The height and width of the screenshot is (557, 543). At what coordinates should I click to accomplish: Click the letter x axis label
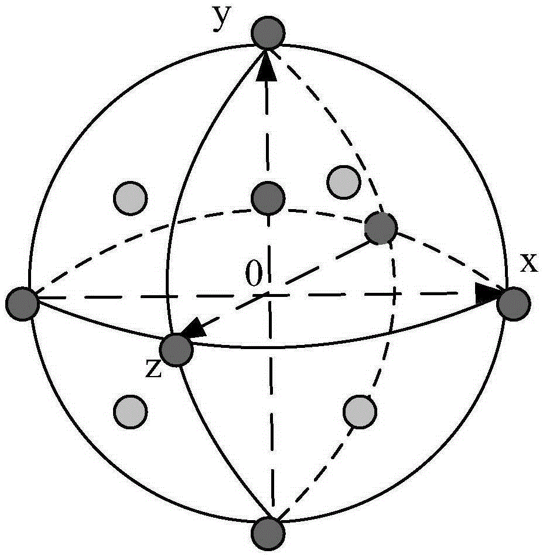(529, 264)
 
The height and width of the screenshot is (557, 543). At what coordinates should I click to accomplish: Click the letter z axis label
(154, 369)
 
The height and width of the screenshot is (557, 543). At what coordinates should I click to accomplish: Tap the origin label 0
(254, 273)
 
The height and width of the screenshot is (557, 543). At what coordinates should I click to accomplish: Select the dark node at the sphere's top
(268, 33)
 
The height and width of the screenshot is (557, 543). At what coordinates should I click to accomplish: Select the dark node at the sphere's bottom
(268, 534)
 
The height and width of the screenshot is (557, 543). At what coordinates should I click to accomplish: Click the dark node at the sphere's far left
(22, 304)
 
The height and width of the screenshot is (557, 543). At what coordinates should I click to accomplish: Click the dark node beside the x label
(514, 304)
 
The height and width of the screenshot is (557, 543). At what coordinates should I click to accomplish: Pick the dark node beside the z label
(177, 350)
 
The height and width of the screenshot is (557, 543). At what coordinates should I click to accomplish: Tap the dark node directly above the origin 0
(268, 198)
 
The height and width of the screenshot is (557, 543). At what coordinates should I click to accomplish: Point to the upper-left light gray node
(131, 198)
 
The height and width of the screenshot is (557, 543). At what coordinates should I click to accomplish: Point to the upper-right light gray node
(343, 182)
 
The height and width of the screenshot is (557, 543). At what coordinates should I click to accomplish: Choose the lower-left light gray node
(131, 411)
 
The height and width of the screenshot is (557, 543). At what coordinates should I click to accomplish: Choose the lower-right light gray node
(360, 411)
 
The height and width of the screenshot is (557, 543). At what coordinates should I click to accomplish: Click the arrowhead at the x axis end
(487, 293)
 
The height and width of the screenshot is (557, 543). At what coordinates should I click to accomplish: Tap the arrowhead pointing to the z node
(194, 326)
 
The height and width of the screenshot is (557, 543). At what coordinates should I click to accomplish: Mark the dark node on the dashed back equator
(381, 228)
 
